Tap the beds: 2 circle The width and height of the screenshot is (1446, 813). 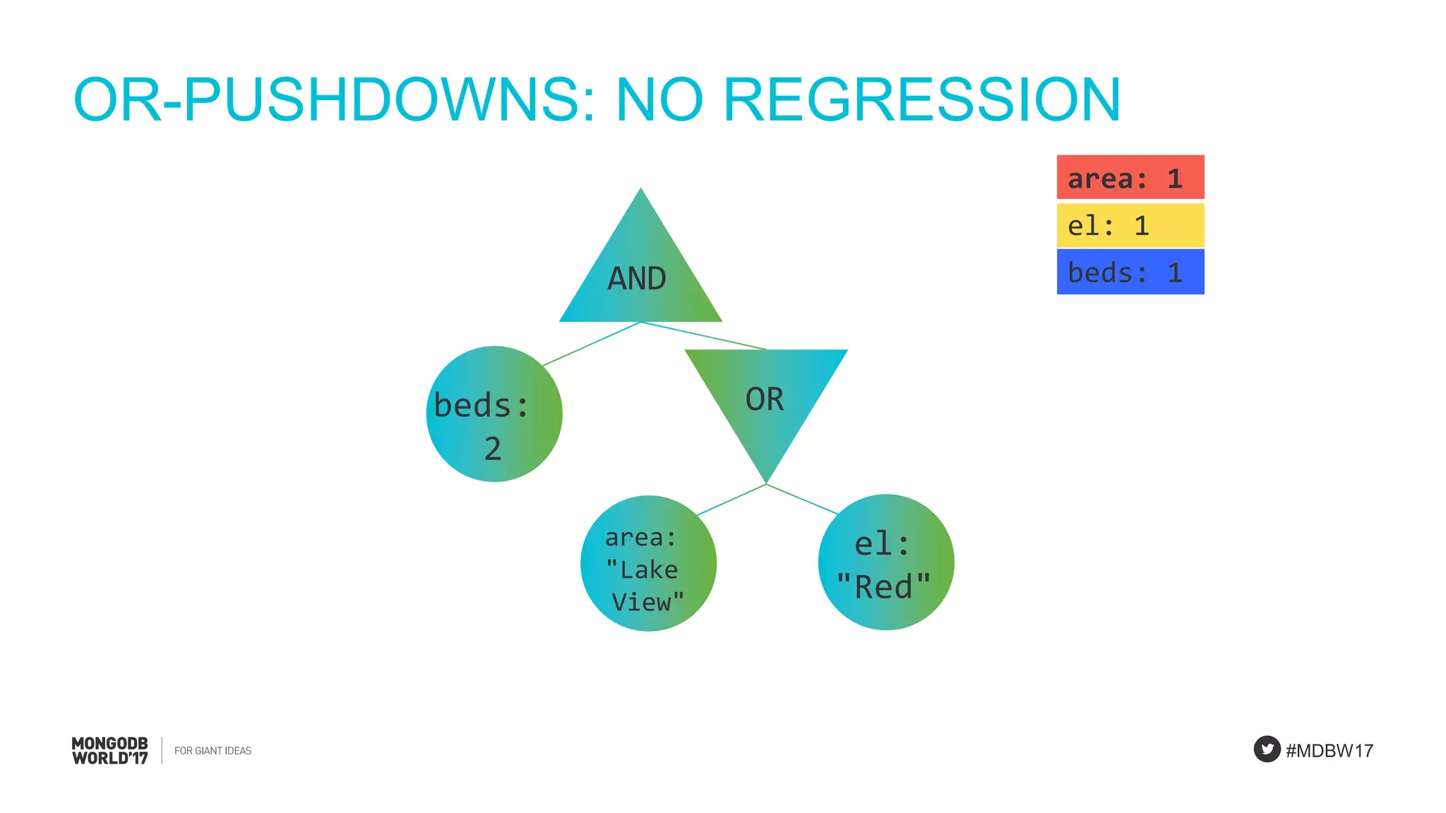pos(494,414)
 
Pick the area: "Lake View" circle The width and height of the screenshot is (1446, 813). pos(648,563)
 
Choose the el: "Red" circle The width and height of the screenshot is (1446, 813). pos(885,562)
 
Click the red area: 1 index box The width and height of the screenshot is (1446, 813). pos(1130,178)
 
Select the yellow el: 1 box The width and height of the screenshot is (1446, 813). pos(1130,226)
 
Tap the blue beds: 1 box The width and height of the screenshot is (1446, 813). pos(1130,272)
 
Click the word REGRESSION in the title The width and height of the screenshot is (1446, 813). pos(921,100)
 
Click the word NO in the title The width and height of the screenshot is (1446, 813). pos(659,100)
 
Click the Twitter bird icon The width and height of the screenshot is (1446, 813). pos(1267,749)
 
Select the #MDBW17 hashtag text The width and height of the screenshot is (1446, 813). pos(1330,751)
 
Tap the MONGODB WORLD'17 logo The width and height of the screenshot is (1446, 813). pos(110,751)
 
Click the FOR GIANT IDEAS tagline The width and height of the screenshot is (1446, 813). pos(213,751)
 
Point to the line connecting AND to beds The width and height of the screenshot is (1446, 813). pos(592,344)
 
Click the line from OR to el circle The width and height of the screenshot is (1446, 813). pos(802,499)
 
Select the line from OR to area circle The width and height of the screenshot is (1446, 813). pos(731,500)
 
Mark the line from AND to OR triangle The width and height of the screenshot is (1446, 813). pos(703,336)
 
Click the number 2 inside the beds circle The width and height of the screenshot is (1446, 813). pos(493,449)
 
